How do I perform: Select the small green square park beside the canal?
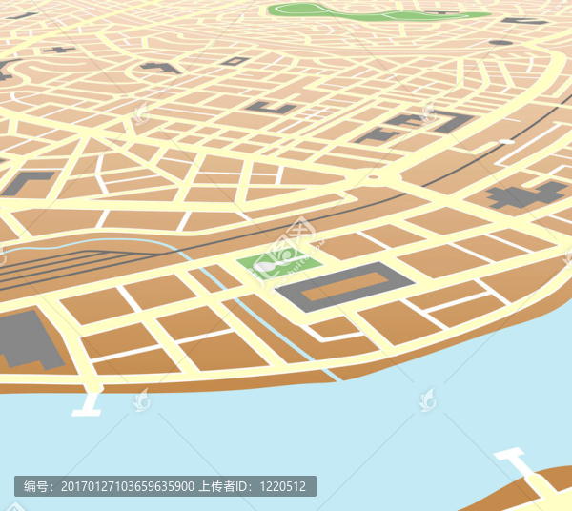pos(276,260)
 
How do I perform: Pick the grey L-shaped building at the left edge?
pos(25,182)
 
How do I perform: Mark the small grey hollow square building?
pos(235,61)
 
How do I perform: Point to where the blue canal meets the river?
pos(330,376)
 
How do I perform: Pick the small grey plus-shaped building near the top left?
pos(59,49)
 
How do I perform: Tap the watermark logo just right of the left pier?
pos(141,399)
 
